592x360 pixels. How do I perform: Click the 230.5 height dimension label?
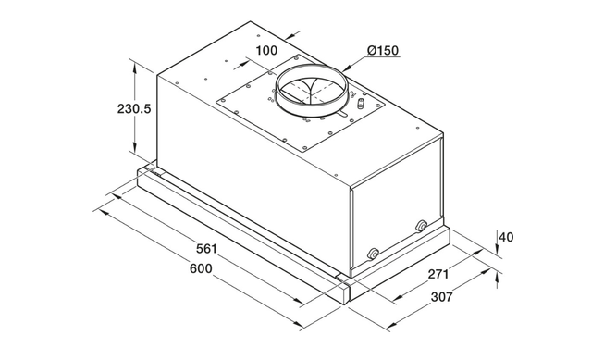[133, 109]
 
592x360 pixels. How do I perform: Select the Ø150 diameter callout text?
[382, 50]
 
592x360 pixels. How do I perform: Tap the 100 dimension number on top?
[266, 50]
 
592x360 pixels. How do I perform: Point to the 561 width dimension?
[206, 249]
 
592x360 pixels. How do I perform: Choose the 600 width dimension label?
[201, 268]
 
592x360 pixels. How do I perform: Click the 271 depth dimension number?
[438, 274]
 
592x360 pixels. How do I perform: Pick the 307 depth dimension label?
[441, 297]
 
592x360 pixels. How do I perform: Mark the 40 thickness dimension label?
[506, 237]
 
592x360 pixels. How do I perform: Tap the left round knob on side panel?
[373, 254]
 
